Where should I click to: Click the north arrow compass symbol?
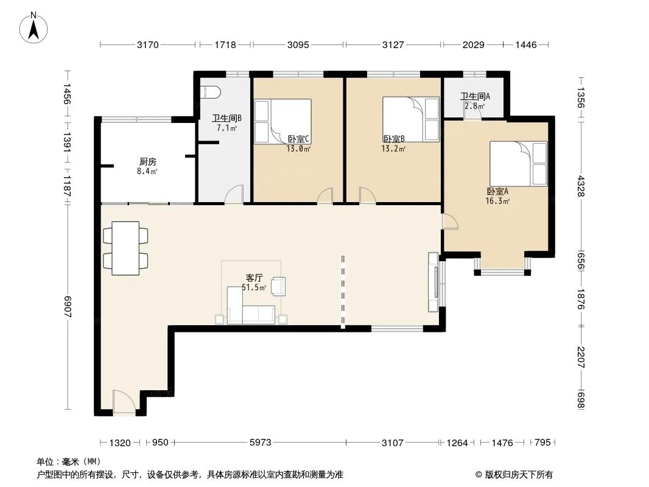(33, 27)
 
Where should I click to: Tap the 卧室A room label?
(497, 192)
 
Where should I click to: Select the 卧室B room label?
(393, 139)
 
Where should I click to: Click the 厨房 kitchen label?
(148, 162)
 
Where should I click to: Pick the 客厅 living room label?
(254, 278)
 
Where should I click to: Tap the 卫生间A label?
(475, 96)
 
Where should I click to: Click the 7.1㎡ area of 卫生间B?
(227, 128)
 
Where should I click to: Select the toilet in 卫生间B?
(210, 93)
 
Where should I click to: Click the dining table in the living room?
(125, 248)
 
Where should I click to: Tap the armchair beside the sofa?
(279, 286)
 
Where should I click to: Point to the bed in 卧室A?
(518, 164)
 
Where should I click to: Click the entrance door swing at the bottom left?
(124, 401)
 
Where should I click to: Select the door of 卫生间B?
(234, 194)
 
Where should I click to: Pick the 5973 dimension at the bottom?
(261, 443)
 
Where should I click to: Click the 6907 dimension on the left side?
(68, 307)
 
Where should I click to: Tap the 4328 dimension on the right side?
(581, 186)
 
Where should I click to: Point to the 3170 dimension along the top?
(148, 44)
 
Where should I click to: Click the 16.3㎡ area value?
(497, 201)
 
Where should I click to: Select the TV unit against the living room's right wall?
(433, 282)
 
